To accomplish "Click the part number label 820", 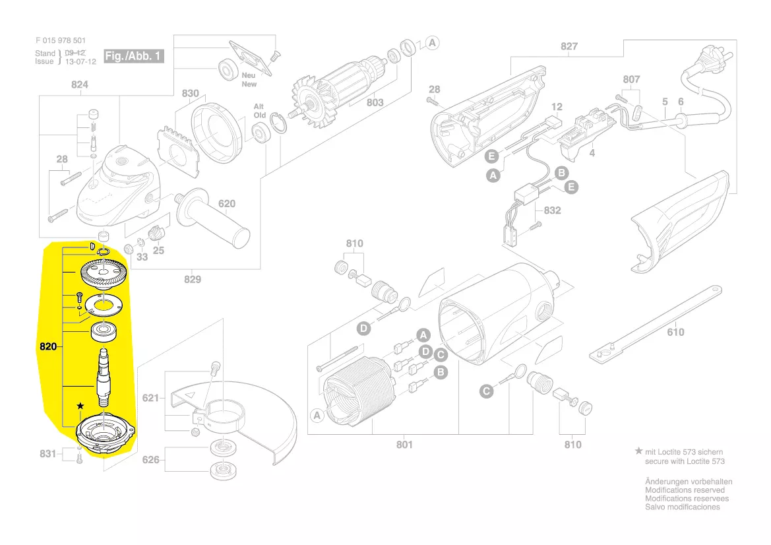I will [49, 346].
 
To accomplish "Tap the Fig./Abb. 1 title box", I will [133, 56].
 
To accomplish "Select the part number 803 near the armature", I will [375, 102].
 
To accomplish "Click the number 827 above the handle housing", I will [569, 46].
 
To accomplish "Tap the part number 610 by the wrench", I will [675, 332].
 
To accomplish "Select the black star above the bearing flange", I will [80, 405].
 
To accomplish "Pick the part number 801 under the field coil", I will [404, 444].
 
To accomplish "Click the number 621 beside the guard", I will [151, 398].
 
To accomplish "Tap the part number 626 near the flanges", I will [151, 459].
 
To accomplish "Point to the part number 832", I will [552, 210].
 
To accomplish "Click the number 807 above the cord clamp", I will [631, 79].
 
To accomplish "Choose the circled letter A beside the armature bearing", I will [432, 43].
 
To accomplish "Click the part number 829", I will [192, 279].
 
